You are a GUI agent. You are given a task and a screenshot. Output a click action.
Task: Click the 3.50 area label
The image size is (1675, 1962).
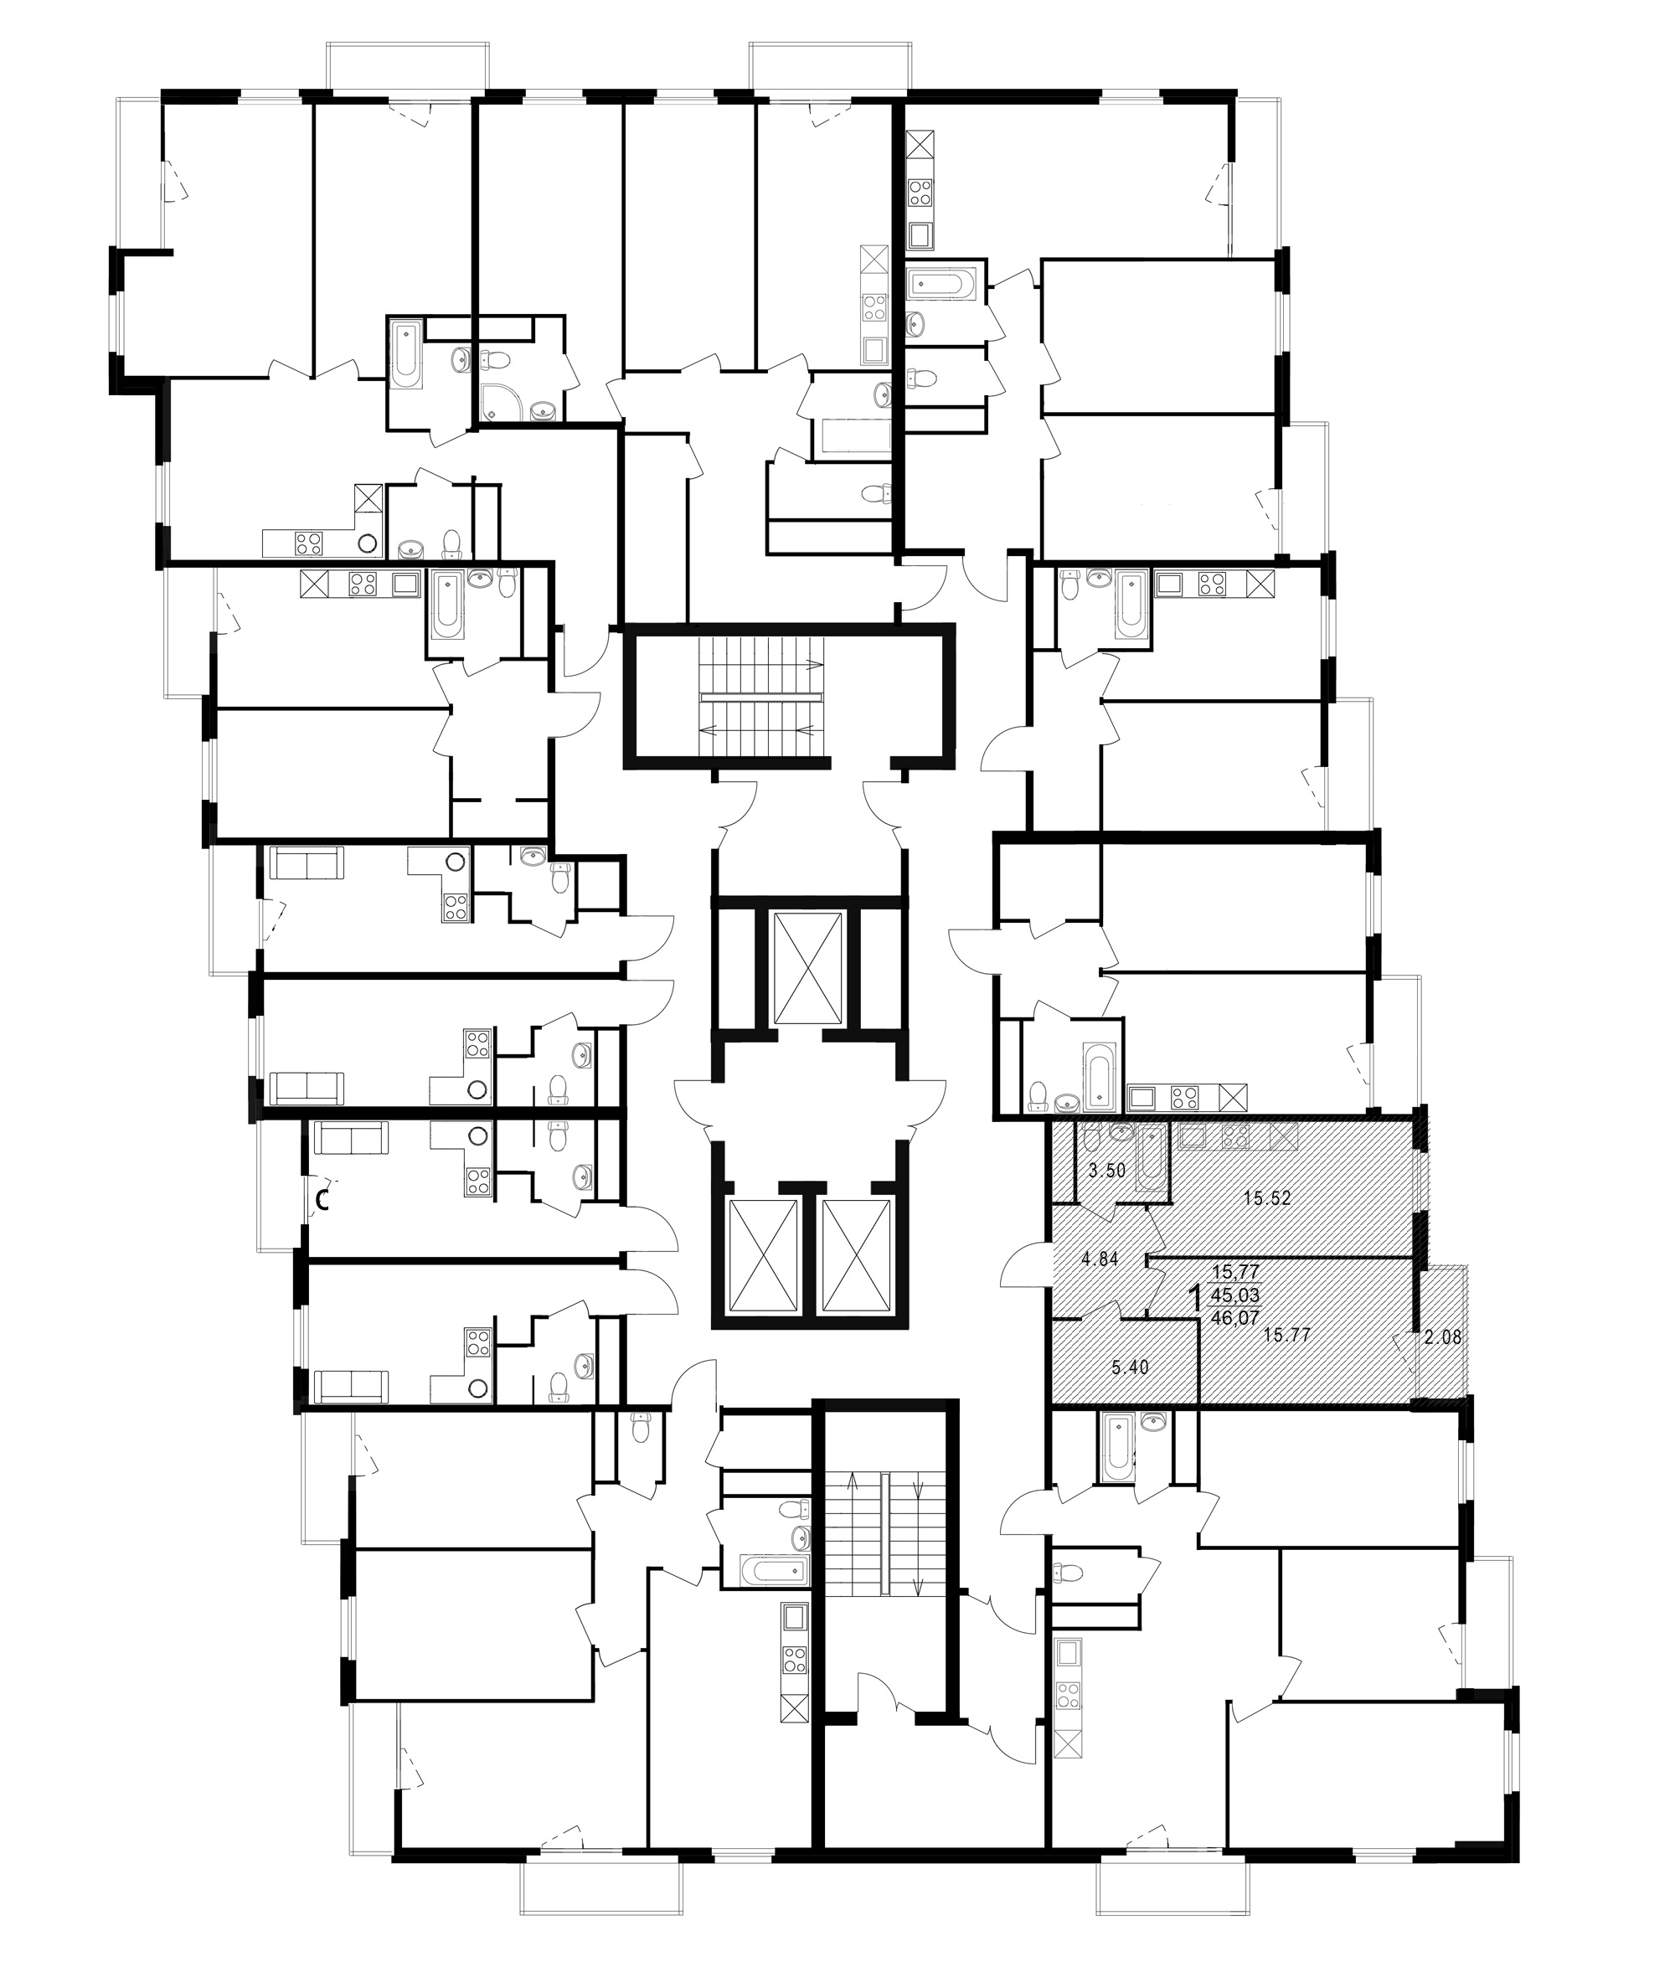click(1106, 1171)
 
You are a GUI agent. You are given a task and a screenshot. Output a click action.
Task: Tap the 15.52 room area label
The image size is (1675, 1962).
click(1267, 1197)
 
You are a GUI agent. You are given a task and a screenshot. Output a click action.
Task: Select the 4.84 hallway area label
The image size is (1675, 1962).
click(1100, 1259)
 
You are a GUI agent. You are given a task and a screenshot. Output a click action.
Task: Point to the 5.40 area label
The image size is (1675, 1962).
click(1129, 1367)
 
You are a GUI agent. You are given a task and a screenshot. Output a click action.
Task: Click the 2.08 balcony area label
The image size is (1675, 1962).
click(1443, 1338)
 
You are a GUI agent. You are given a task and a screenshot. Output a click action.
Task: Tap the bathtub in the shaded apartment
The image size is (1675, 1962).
click(1152, 1157)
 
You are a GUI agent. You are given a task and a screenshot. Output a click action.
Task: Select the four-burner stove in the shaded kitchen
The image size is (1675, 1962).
click(1234, 1137)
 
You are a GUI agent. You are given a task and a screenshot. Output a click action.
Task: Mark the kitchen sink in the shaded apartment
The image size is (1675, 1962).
click(1191, 1137)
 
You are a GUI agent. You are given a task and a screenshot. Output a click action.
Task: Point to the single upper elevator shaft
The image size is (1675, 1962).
click(807, 969)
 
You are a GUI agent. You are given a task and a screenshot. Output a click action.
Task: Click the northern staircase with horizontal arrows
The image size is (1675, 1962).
click(762, 697)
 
